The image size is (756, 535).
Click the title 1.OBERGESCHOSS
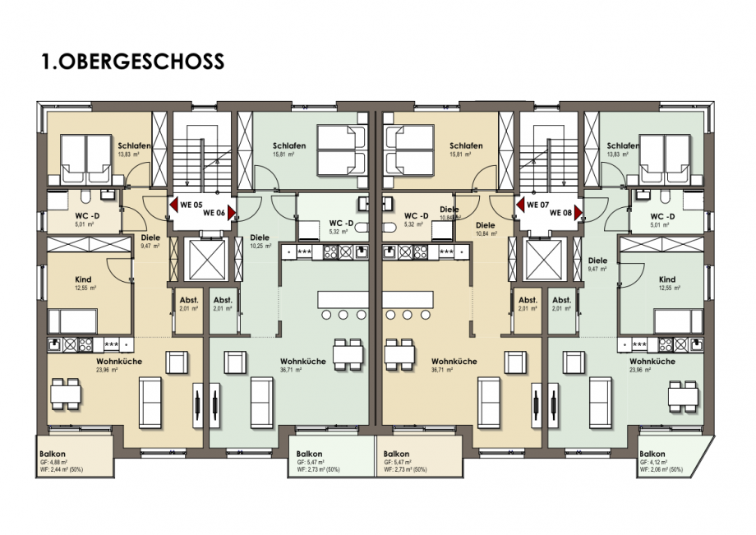coord(132,62)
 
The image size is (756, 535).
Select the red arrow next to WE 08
coord(579,213)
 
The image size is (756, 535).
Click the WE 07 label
coord(537,205)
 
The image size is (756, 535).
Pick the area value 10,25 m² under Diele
coord(260,245)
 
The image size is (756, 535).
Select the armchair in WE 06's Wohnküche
coord(237,362)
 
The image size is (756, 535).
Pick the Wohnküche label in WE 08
coord(652,361)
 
